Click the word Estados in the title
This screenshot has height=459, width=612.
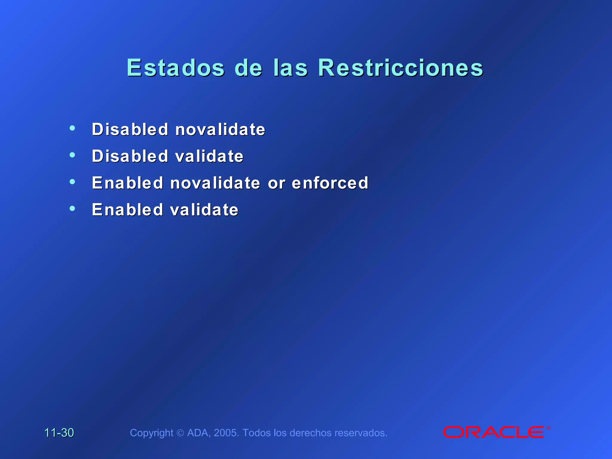[x=175, y=68]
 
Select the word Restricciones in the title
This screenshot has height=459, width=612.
[x=400, y=68]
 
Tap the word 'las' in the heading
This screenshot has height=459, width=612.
[x=290, y=68]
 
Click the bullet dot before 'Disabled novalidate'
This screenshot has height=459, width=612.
[x=72, y=128]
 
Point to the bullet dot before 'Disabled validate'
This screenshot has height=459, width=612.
[x=72, y=155]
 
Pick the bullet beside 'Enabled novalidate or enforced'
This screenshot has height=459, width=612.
[x=72, y=181]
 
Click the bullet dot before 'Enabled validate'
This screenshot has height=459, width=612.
[x=72, y=208]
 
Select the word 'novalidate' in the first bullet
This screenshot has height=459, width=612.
[x=220, y=129]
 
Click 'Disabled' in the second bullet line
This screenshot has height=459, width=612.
[x=130, y=156]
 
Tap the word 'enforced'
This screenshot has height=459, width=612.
[x=330, y=183]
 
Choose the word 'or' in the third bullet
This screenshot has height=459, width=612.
[x=276, y=183]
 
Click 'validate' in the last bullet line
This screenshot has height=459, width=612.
[x=204, y=209]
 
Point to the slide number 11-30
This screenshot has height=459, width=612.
[x=59, y=433]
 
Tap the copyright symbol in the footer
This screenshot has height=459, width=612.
[x=180, y=433]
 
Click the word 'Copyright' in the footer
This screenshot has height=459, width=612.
[x=152, y=433]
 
